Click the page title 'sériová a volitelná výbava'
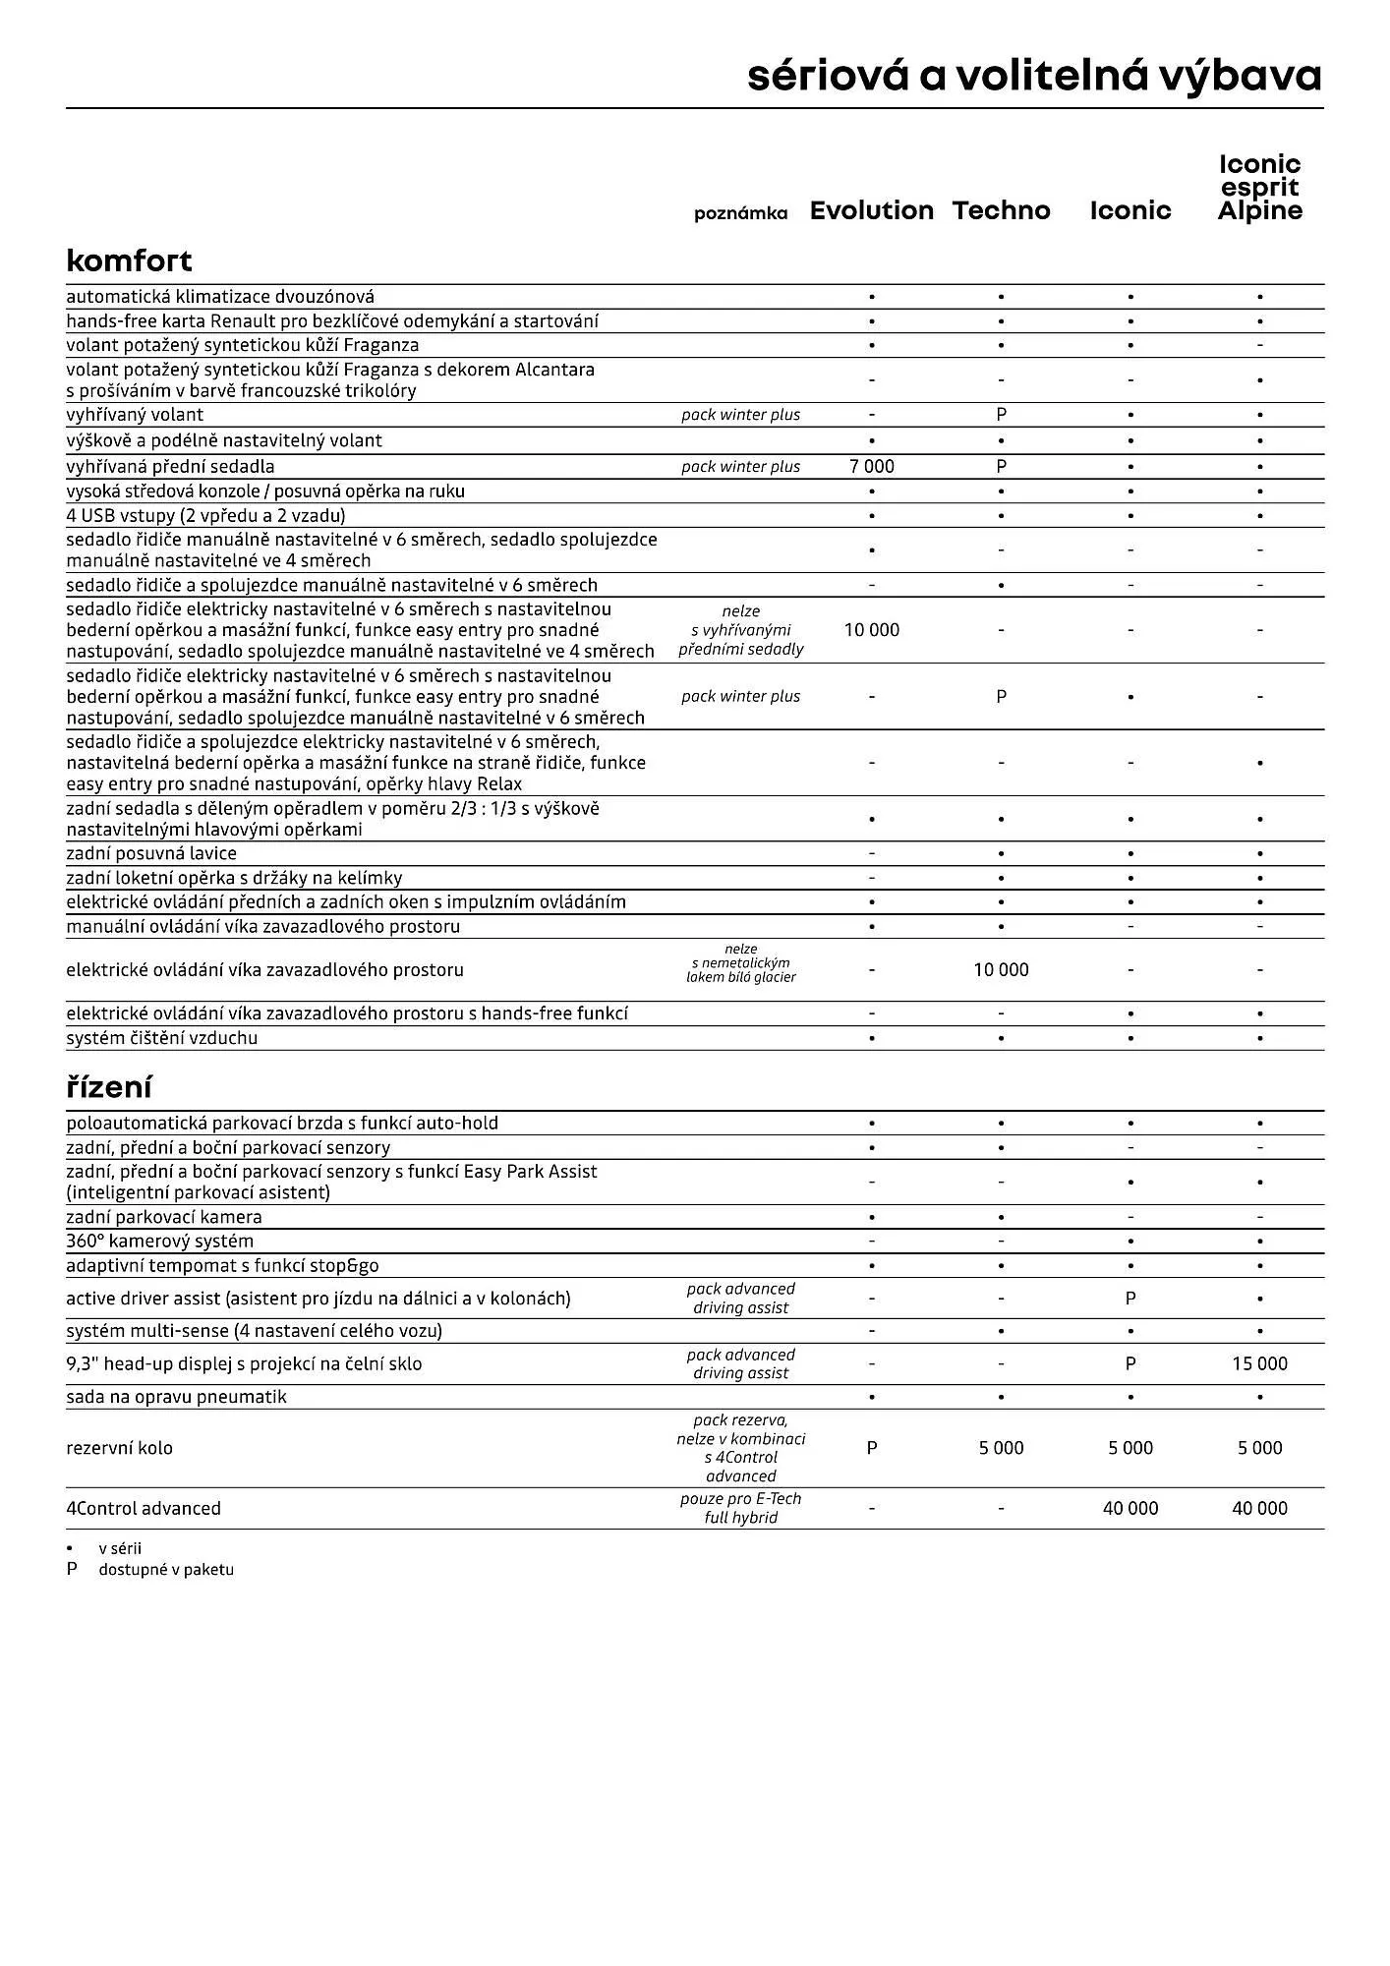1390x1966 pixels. (x=1034, y=76)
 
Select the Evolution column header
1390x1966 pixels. (x=871, y=210)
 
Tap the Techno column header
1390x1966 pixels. (x=1001, y=210)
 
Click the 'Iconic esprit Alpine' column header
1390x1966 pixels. (x=1259, y=188)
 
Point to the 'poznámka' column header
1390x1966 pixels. (x=740, y=213)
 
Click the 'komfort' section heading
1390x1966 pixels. (x=129, y=260)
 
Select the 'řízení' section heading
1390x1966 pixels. (x=108, y=1087)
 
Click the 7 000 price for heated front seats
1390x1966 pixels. (x=871, y=467)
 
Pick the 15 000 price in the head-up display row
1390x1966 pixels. (x=1259, y=1363)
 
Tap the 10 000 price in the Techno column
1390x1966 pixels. (x=1001, y=970)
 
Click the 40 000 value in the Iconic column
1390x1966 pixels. (x=1129, y=1508)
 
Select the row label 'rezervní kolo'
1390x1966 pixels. (x=119, y=1448)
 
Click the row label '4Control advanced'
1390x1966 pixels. (x=144, y=1508)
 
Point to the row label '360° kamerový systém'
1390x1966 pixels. (x=159, y=1241)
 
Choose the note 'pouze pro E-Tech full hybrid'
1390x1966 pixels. (x=740, y=1508)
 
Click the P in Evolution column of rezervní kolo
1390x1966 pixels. (x=871, y=1448)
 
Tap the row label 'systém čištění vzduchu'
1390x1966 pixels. (x=161, y=1038)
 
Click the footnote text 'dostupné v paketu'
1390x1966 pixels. (x=166, y=1570)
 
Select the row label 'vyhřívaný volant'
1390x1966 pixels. (x=135, y=415)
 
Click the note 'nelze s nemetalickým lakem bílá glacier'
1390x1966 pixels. (x=740, y=963)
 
